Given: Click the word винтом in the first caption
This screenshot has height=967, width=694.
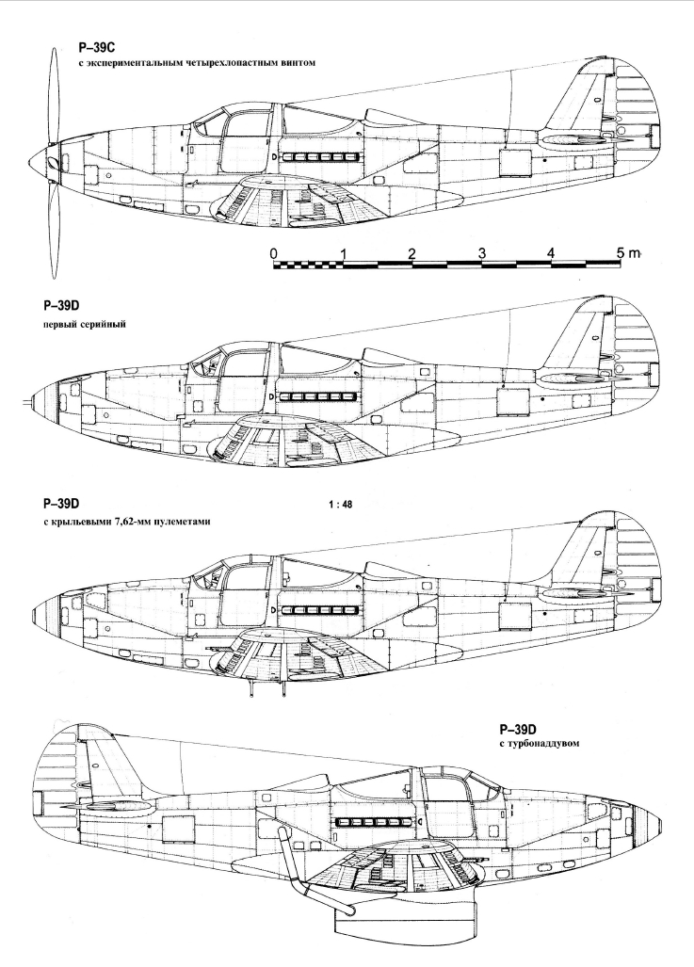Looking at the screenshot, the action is (x=298, y=63).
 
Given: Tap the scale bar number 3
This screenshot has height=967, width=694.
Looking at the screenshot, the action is (x=482, y=253).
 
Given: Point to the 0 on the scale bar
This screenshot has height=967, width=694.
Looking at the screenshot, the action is (x=273, y=253).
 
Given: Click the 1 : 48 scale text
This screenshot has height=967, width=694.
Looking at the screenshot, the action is (x=341, y=505).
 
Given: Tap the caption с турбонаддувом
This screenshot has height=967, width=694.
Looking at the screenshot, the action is (x=540, y=743).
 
